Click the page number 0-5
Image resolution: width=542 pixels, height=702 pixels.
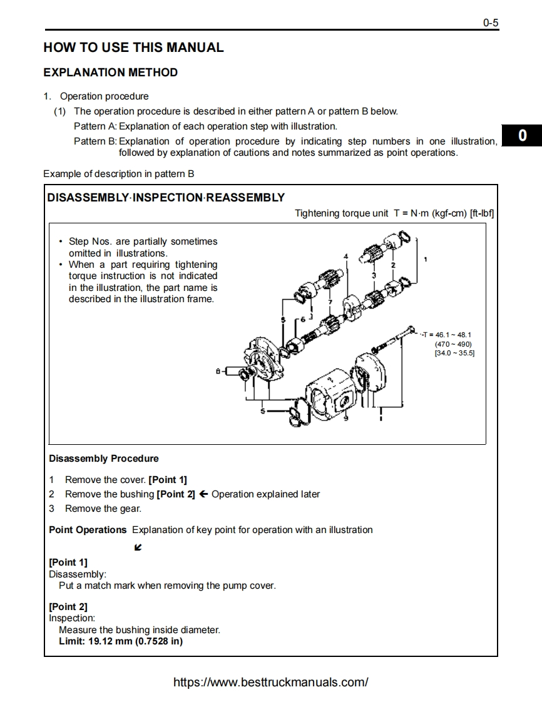click(490, 23)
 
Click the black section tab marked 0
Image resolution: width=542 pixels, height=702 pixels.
click(522, 136)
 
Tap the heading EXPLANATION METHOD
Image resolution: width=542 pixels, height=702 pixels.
click(111, 73)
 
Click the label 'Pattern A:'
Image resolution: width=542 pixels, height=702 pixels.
click(95, 126)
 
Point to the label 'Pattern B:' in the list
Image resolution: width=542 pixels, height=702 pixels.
click(95, 141)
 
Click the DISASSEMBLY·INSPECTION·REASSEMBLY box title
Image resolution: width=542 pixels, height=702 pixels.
click(166, 198)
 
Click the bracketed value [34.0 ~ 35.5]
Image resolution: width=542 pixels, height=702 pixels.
click(454, 353)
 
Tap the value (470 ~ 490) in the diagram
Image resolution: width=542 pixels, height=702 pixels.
click(453, 344)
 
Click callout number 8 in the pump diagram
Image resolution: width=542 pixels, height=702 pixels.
click(218, 371)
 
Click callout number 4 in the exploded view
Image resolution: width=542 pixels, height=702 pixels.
click(345, 257)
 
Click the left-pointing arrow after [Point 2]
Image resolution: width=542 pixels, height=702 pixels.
click(203, 494)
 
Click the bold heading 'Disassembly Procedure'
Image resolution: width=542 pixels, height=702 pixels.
click(104, 459)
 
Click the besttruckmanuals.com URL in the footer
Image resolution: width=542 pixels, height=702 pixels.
click(270, 682)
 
